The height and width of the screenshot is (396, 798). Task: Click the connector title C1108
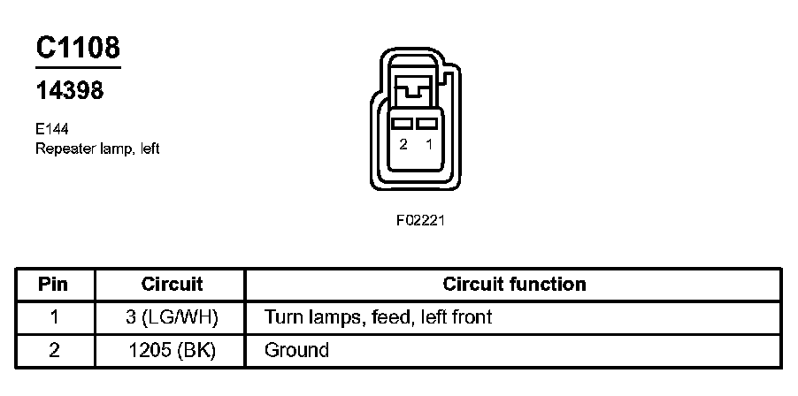[78, 48]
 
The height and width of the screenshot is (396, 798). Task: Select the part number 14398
[69, 91]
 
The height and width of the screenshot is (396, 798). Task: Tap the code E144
[52, 129]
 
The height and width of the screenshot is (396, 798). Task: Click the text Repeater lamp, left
[97, 148]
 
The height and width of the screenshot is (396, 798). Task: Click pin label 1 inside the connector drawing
[429, 145]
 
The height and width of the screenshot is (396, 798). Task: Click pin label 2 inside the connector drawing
[403, 145]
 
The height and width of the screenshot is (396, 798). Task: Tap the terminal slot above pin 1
[429, 124]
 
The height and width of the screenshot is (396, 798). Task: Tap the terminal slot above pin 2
[403, 124]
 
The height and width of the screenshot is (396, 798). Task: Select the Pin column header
[55, 285]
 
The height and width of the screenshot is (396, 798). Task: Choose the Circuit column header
[172, 285]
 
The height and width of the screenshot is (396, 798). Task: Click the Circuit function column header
[514, 285]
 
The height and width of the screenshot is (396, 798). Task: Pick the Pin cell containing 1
[55, 316]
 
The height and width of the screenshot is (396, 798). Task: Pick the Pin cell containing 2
[55, 350]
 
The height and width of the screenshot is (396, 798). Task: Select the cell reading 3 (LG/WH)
[172, 316]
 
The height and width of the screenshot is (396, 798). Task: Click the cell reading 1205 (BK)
[172, 350]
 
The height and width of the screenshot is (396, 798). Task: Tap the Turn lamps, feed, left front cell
[378, 316]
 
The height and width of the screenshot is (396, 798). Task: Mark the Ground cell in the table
[296, 350]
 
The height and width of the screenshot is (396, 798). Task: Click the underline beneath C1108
[78, 66]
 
